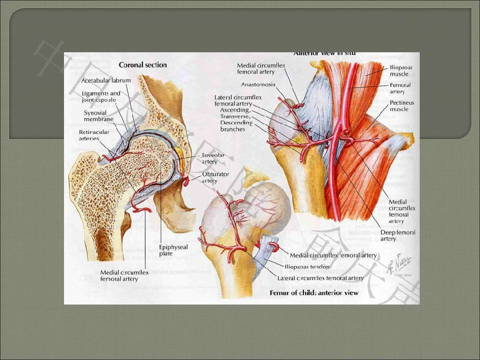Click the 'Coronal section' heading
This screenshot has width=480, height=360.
tap(142, 65)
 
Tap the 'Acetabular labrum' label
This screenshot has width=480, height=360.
tap(106, 81)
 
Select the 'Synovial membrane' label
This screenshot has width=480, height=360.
tap(100, 116)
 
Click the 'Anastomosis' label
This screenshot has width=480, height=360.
tap(258, 84)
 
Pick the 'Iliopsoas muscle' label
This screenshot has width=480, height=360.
tap(398, 71)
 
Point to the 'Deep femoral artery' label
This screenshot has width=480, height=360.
tap(398, 235)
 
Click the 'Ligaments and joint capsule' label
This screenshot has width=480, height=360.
tap(101, 97)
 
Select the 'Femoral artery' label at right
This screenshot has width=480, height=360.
tap(400, 88)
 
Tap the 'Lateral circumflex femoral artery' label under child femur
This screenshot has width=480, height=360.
tap(321, 278)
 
